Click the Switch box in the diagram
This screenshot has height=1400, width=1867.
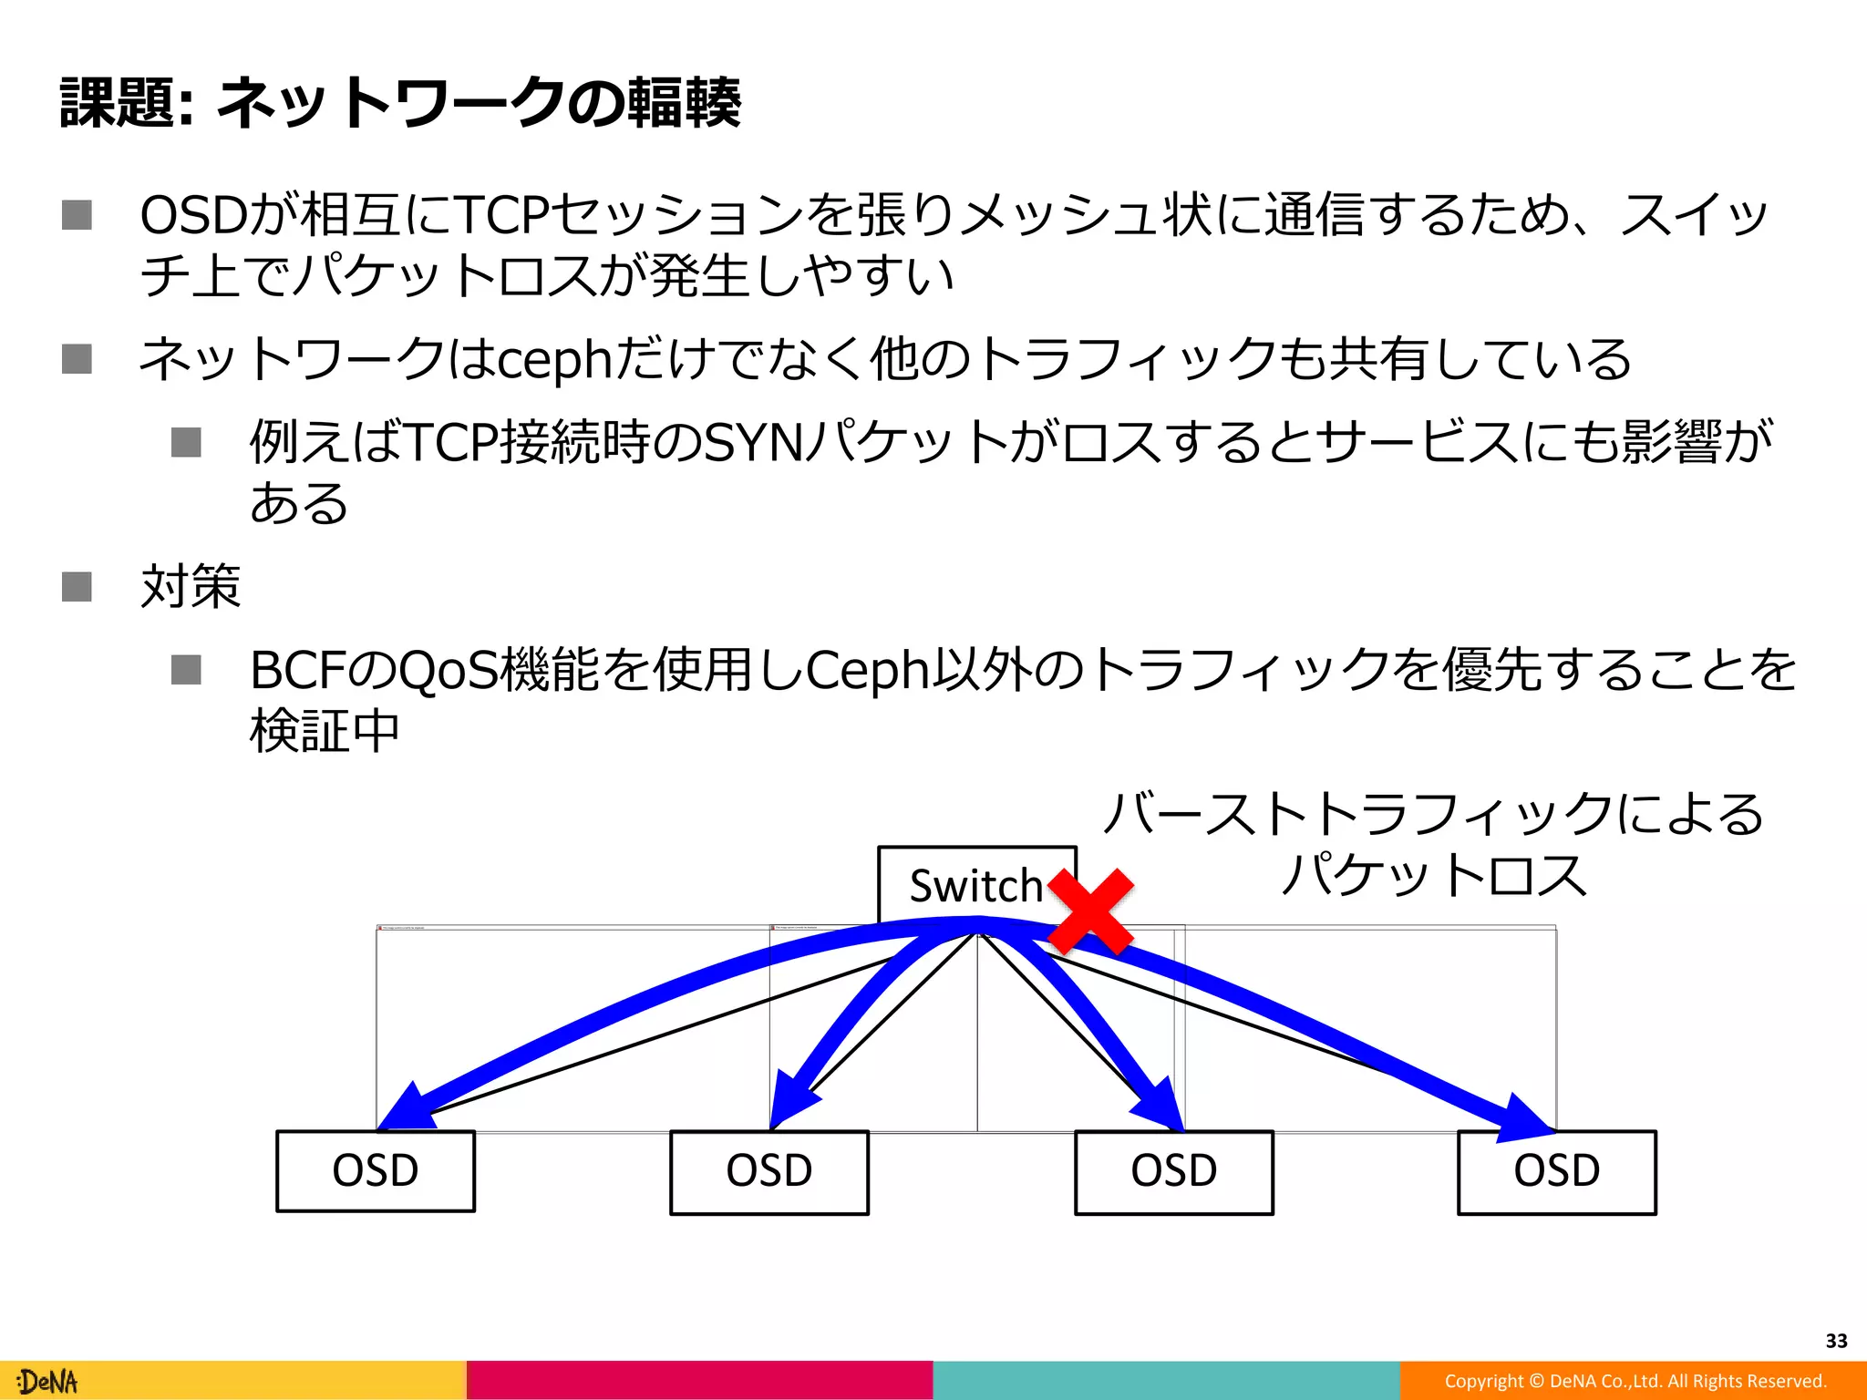[x=975, y=884]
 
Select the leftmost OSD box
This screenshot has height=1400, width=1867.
[x=376, y=1171]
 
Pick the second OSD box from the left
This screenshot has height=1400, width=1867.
[x=769, y=1172]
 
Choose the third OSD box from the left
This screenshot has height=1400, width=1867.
[x=1174, y=1172]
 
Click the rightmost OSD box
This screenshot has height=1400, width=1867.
[x=1557, y=1172]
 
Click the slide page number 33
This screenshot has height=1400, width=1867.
[x=1836, y=1341]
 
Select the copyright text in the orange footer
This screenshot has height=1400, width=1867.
[x=1635, y=1381]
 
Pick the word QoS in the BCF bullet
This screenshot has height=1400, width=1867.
[x=449, y=671]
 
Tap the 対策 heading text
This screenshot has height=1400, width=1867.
[x=191, y=585]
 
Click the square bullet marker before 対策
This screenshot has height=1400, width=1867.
[x=77, y=586]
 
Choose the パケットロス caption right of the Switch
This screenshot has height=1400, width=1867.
[x=1434, y=875]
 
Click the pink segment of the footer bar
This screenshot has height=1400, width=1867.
[x=699, y=1380]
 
